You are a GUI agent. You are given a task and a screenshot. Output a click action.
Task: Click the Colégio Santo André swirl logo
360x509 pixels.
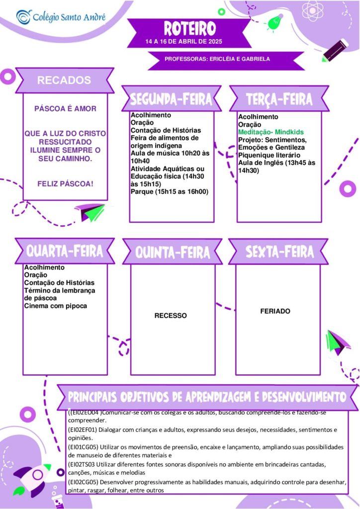coord(24,17)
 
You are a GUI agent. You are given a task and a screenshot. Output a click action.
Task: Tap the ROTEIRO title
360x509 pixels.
coord(189,28)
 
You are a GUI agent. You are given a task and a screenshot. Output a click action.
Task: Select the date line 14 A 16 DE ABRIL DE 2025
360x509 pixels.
coord(184,42)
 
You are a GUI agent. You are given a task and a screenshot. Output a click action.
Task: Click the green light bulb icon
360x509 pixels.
coord(273,22)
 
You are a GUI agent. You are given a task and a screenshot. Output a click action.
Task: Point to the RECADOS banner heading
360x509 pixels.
coord(64,80)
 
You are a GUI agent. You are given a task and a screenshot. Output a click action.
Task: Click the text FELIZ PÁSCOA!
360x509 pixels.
coord(65,184)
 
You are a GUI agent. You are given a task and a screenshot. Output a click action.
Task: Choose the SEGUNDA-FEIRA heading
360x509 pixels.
coord(171,99)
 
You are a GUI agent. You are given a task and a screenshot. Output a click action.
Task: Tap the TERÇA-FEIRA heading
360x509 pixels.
coord(279,99)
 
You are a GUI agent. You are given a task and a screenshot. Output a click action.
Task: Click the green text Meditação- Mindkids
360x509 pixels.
coord(270,132)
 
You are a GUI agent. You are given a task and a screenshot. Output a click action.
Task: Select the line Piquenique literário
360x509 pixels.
coord(269,155)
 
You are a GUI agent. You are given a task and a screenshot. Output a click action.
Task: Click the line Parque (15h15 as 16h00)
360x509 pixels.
coord(170,191)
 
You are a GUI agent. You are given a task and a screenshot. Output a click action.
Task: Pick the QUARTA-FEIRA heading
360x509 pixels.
coord(65,251)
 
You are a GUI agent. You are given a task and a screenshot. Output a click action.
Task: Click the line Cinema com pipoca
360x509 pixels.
coord(56,306)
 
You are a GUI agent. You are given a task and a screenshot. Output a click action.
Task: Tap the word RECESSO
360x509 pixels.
coord(171,316)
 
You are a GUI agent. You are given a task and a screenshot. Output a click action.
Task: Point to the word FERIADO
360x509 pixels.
coord(275,311)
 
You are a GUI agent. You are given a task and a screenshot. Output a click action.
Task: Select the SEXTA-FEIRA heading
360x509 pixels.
coord(279,252)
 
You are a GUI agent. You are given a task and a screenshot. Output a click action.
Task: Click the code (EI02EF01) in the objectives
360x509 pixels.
coord(83,430)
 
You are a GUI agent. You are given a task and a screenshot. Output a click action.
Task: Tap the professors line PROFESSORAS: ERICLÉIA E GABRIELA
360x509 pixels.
coord(217,59)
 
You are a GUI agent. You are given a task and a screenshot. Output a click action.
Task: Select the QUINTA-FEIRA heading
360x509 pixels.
coord(173,253)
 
